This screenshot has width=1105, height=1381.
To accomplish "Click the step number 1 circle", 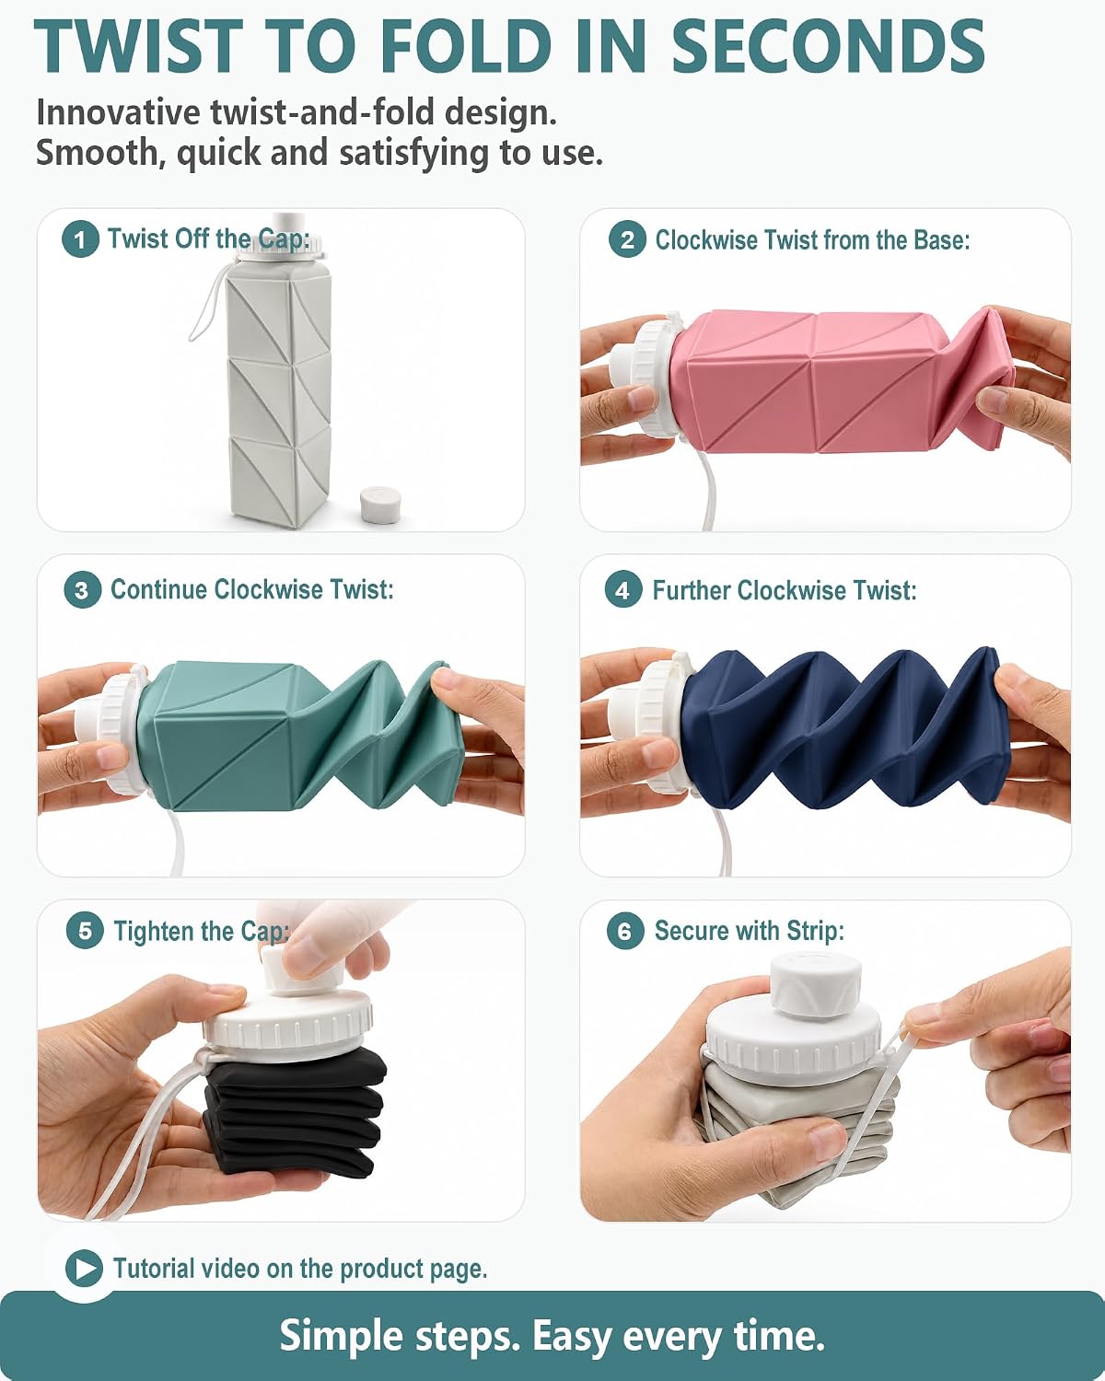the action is coord(80,239).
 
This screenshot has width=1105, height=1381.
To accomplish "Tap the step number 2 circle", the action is coord(627,240).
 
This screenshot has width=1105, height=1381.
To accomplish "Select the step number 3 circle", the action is coord(82,590).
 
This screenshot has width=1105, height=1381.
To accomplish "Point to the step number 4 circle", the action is coord(623,590).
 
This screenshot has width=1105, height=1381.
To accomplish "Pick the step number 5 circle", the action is coord(85,931).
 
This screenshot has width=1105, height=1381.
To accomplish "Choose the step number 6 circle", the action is coord(625,931).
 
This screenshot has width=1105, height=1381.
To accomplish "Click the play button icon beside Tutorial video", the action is coord(84,1268).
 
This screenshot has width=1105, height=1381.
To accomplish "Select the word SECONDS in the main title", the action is coord(828,46).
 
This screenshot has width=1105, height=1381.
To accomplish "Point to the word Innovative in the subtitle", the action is coord(118,112).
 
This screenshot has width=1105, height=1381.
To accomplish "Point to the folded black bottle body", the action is coord(294,1118).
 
